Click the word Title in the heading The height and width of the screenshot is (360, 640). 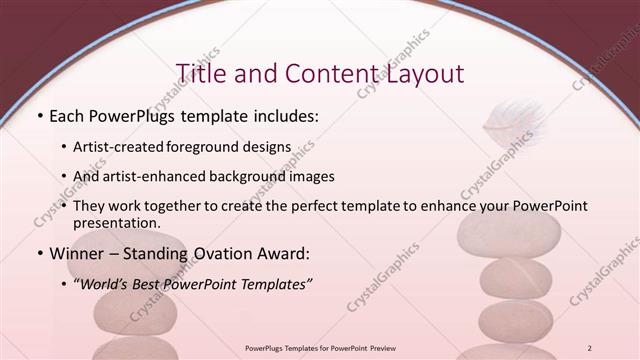pyautogui.click(x=199, y=73)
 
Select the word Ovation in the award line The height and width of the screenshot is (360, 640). pyautogui.click(x=226, y=254)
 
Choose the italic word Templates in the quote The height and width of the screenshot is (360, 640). pyautogui.click(x=274, y=284)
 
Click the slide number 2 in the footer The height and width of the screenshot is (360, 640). pyautogui.click(x=590, y=347)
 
